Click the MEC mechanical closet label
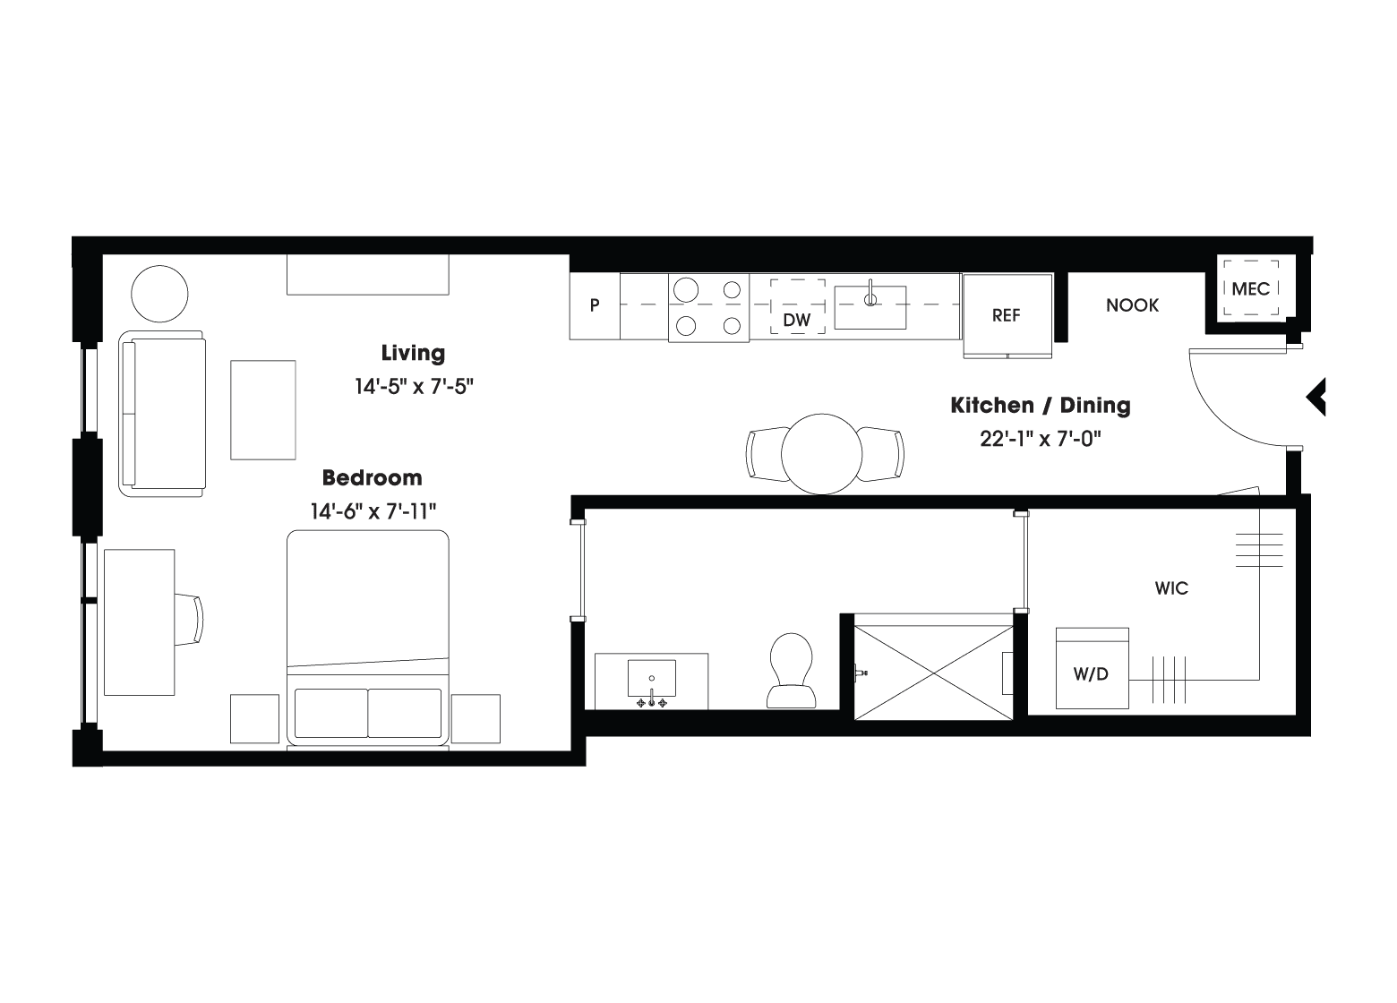click(x=1250, y=288)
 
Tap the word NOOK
click(x=1132, y=305)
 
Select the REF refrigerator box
click(x=1007, y=315)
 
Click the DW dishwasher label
click(x=796, y=320)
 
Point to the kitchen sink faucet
click(x=870, y=295)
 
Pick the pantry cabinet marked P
click(x=595, y=305)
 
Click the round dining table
click(x=821, y=454)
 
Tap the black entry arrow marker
click(x=1316, y=397)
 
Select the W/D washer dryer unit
click(x=1092, y=668)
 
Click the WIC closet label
click(x=1171, y=588)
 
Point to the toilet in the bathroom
click(x=791, y=671)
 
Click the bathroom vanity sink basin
click(x=652, y=678)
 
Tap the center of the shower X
click(x=934, y=673)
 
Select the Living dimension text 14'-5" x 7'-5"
click(x=414, y=387)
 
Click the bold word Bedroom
click(x=373, y=478)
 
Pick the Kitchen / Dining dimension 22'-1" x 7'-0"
click(x=1041, y=439)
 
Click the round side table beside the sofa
click(x=159, y=294)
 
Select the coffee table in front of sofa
click(x=263, y=410)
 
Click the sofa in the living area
click(x=162, y=414)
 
